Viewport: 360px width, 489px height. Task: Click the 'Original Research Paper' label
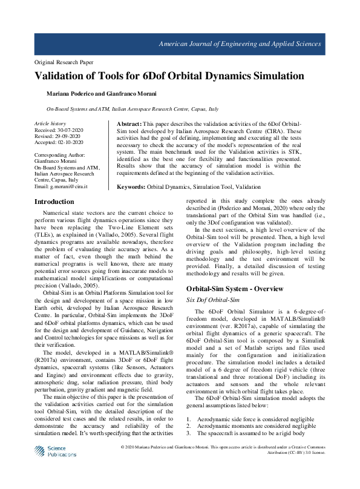tap(64, 62)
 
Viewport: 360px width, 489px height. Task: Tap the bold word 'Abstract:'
tap(129, 123)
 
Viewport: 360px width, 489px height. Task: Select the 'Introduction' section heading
tap(54, 202)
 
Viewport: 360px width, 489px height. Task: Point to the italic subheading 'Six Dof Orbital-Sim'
tap(212, 300)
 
